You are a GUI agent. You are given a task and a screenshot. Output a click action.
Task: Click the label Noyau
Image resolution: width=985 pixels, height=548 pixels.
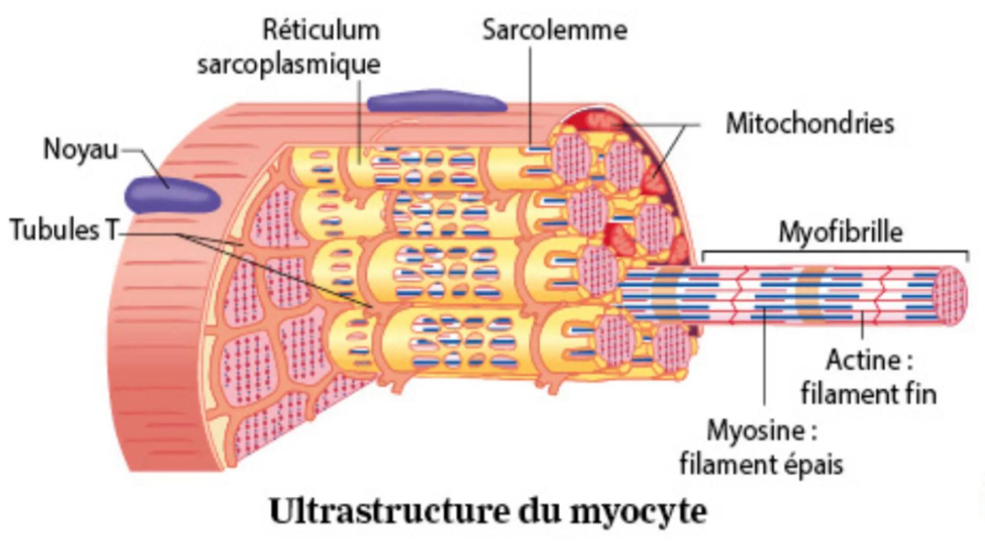80,150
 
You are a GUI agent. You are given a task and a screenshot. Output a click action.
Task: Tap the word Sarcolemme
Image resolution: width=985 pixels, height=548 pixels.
554,30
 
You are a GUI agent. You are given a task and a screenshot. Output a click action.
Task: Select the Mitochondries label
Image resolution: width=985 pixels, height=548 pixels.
809,124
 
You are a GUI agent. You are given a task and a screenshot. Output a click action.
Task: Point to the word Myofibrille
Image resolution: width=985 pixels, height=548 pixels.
841,232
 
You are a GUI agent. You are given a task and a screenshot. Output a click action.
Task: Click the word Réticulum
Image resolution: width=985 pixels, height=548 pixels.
321,30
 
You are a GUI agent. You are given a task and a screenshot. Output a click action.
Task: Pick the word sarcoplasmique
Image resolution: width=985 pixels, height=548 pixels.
289,64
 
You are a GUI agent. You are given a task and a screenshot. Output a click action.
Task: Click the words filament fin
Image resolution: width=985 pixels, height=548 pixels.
869,394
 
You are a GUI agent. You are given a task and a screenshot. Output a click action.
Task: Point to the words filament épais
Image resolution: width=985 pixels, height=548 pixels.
761,464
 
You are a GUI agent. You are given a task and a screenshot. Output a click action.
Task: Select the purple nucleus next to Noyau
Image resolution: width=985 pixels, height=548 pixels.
173,194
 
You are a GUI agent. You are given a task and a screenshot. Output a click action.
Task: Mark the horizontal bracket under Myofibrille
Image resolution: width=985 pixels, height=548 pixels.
836,252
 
